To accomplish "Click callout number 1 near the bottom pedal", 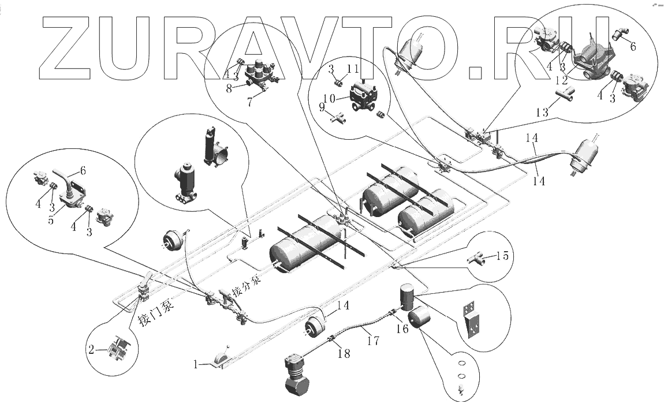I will [196, 365].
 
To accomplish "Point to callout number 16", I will [402, 328].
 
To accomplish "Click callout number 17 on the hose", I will [374, 341].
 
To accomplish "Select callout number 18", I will [344, 354].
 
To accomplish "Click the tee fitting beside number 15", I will [474, 260].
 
